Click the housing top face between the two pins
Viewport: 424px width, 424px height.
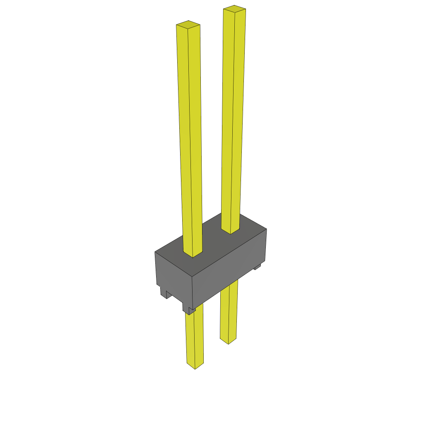coord(211,244)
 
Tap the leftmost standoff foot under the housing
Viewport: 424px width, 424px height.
coord(163,291)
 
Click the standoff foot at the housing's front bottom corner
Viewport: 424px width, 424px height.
coord(189,310)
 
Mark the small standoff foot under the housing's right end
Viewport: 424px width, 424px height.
coord(257,267)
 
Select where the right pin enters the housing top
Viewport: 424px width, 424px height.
coord(231,230)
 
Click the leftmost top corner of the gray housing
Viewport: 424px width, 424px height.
coord(155,252)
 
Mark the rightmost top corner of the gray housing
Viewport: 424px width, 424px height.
coord(266,229)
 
